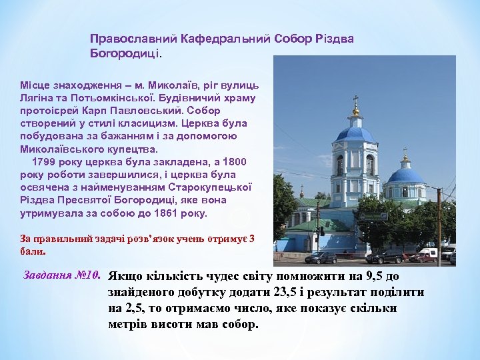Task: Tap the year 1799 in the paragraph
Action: pyautogui.click(x=44, y=162)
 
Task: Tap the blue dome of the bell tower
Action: pyautogui.click(x=355, y=133)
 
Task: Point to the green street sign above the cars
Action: pyautogui.click(x=373, y=217)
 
